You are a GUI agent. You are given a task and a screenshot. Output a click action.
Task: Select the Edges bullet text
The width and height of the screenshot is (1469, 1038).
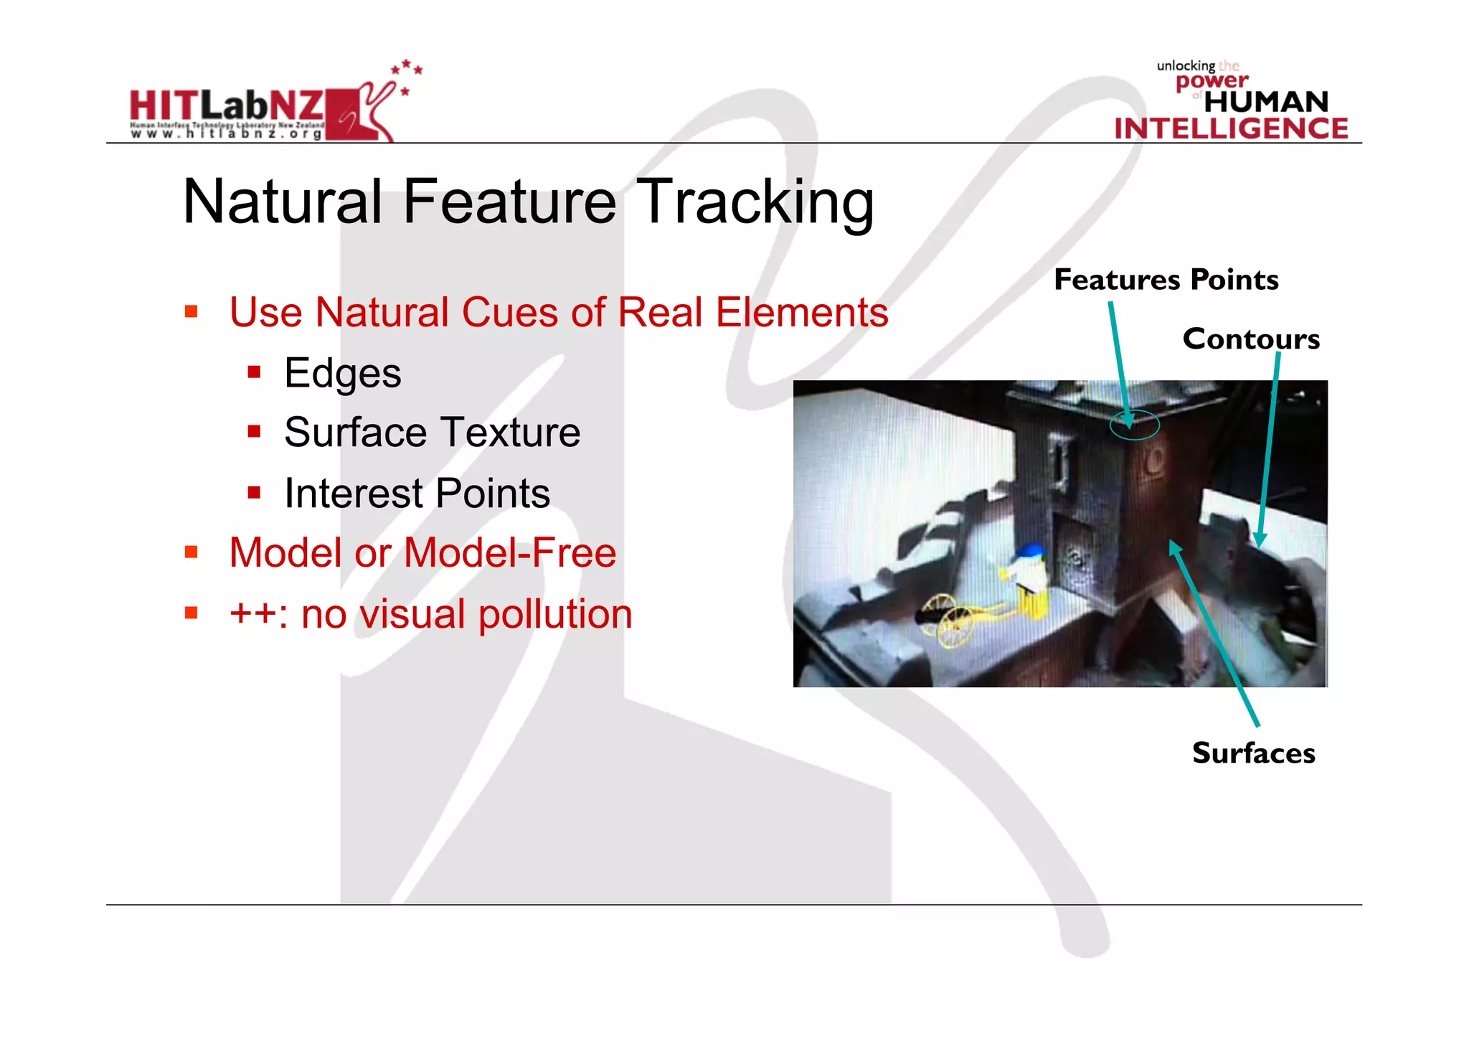(342, 373)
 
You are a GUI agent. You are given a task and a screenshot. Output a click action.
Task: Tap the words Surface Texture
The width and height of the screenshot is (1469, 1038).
(432, 433)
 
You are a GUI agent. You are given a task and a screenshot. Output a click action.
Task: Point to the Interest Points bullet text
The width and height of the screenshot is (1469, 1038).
(417, 494)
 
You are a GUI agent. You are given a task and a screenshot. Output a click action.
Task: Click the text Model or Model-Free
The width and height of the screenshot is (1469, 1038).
(422, 553)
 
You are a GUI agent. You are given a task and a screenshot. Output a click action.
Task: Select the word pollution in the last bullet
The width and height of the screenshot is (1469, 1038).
(555, 615)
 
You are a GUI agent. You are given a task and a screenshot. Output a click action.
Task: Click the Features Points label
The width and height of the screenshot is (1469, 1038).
(1166, 279)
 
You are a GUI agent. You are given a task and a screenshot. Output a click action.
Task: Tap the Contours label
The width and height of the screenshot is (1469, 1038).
(1250, 339)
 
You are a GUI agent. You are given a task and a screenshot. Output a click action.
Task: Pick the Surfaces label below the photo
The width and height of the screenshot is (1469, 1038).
(1253, 753)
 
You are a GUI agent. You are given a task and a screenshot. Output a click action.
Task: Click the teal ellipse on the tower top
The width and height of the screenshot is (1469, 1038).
(1134, 425)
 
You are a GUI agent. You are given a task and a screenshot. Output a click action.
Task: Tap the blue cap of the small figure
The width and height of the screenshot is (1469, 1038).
(1031, 550)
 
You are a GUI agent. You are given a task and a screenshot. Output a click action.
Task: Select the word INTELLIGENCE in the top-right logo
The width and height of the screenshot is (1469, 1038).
(1231, 128)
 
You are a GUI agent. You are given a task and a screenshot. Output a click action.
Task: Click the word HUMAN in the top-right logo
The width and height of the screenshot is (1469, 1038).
(1266, 102)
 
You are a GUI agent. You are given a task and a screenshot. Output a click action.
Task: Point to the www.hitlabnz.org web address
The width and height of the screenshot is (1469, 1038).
(226, 134)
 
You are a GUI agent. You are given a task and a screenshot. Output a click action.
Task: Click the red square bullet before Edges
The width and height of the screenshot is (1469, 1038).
(254, 372)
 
